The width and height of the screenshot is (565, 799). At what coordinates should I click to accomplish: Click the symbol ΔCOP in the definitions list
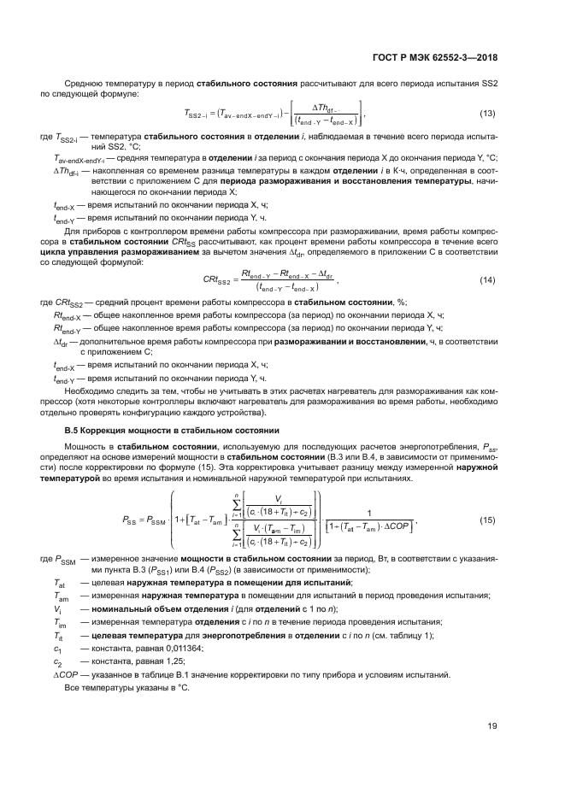pyautogui.click(x=65, y=674)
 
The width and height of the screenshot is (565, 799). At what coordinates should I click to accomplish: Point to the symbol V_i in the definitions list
pyautogui.click(x=57, y=608)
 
